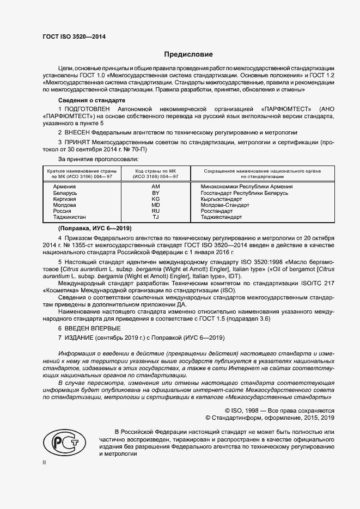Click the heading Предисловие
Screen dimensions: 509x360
(188, 54)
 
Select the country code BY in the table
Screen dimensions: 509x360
(155, 193)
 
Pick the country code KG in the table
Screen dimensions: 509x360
(155, 199)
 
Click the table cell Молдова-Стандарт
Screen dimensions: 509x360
(225, 205)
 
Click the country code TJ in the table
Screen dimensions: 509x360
(155, 217)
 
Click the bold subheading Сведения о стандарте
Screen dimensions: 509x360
(92, 101)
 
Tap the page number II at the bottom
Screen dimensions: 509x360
(44, 462)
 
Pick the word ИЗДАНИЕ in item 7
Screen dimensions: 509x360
(82, 338)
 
